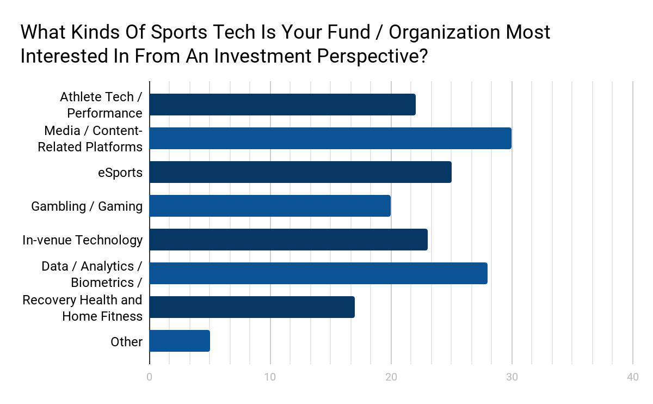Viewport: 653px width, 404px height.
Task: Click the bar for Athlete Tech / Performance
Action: coord(282,105)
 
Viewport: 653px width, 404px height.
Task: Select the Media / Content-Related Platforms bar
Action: coord(330,138)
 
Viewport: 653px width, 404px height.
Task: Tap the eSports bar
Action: coord(300,172)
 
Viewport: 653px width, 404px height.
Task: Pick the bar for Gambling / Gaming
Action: coord(270,206)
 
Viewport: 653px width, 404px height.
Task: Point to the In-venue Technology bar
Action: coord(288,240)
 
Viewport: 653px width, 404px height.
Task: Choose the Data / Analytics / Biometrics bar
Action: coord(318,273)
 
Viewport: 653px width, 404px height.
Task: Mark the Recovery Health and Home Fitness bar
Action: coord(252,307)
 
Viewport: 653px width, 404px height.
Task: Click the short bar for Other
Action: coord(180,341)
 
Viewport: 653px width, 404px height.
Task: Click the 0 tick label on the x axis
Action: coord(150,377)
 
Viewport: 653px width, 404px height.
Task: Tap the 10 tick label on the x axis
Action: coord(270,377)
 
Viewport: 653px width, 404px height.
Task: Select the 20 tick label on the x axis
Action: coord(391,377)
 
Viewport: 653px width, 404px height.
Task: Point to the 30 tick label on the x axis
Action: coord(512,377)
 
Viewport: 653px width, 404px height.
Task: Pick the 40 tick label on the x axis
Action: coord(632,377)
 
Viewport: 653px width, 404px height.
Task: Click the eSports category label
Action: coord(120,173)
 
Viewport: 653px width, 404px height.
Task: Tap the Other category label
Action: coord(126,341)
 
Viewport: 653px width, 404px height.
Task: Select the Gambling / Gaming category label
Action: coord(87,206)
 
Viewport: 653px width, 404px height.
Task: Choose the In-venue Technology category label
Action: coord(82,240)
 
